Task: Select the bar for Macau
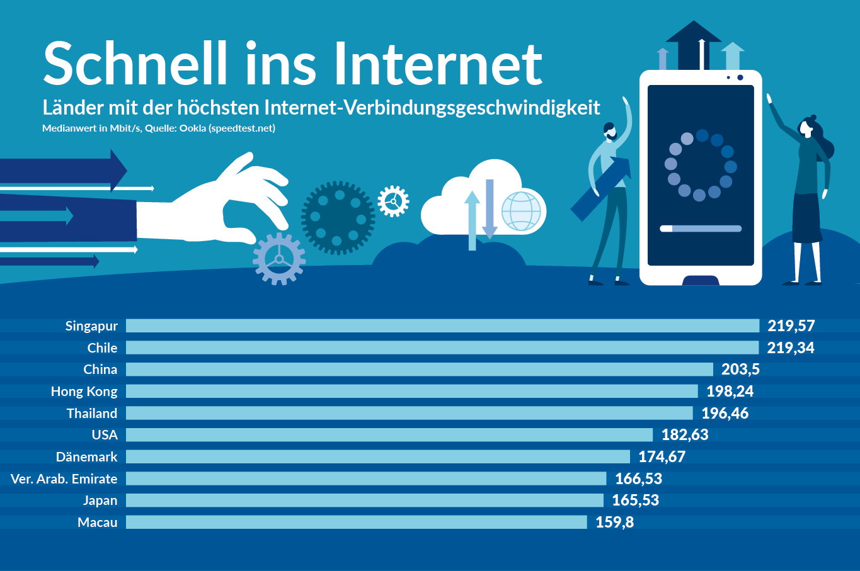pyautogui.click(x=356, y=522)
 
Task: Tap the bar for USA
pyautogui.click(x=389, y=434)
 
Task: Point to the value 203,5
pyautogui.click(x=740, y=370)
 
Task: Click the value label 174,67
pyautogui.click(x=662, y=456)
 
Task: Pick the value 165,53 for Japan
pyautogui.click(x=635, y=500)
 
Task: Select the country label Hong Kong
pyautogui.click(x=84, y=392)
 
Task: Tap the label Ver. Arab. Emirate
pyautogui.click(x=64, y=479)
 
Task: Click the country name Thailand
pyautogui.click(x=92, y=414)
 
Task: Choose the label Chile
pyautogui.click(x=102, y=348)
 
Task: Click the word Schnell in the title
pyautogui.click(x=135, y=63)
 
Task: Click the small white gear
pyautogui.click(x=393, y=201)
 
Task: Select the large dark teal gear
pyautogui.click(x=338, y=218)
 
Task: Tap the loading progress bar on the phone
pyautogui.click(x=701, y=229)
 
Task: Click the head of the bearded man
pyautogui.click(x=609, y=131)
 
